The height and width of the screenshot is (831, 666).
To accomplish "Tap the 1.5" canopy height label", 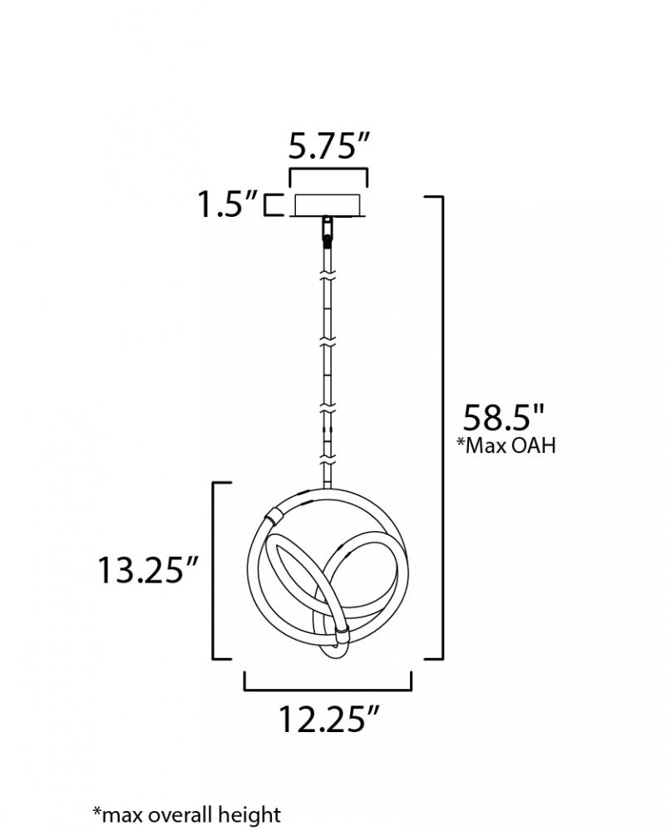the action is pyautogui.click(x=228, y=204).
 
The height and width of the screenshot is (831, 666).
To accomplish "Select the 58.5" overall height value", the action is pyautogui.click(x=504, y=418).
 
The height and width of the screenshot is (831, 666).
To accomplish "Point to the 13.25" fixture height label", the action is pyautogui.click(x=148, y=570).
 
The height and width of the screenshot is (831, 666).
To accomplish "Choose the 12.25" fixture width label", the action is pyautogui.click(x=329, y=719).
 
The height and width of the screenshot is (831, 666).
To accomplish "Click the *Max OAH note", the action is pyautogui.click(x=507, y=445).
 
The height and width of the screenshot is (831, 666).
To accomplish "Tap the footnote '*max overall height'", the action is pyautogui.click(x=186, y=814).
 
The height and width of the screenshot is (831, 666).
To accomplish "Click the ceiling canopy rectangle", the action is pyautogui.click(x=328, y=205).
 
